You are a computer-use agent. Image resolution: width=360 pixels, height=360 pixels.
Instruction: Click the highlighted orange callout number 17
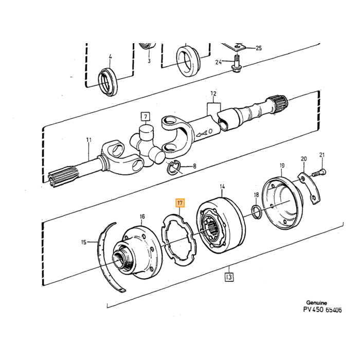coord(180,203)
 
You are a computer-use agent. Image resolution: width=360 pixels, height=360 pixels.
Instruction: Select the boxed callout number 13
coord(229,277)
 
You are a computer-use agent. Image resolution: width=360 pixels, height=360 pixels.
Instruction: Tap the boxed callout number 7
coord(146,116)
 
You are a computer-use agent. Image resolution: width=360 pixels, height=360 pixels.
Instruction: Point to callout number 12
coord(213,94)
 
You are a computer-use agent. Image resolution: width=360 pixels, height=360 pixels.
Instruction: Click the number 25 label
coord(259,48)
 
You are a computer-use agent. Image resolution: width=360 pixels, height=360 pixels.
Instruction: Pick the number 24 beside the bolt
coord(219,62)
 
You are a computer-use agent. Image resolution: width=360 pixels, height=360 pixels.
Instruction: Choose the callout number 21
coord(322,155)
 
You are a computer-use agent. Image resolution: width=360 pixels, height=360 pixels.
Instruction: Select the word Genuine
coord(317,302)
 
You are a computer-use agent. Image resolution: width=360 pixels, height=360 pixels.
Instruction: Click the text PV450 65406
coord(322,310)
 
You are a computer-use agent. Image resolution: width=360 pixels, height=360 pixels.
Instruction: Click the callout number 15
coord(84,242)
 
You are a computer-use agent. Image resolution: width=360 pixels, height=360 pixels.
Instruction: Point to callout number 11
coord(89,140)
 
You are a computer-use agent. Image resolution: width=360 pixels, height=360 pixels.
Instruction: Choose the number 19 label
coord(282,165)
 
